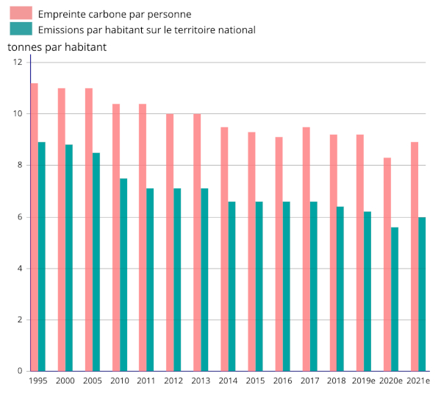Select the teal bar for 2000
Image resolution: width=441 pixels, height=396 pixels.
pyautogui.click(x=69, y=258)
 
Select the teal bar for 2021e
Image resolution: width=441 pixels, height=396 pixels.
pyautogui.click(x=422, y=294)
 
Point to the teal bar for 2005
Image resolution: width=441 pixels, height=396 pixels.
pyautogui.click(x=96, y=261)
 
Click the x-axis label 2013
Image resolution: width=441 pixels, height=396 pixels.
pyautogui.click(x=201, y=381)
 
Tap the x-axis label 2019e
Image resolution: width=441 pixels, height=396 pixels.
pyautogui.click(x=364, y=381)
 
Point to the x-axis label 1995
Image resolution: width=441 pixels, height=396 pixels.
pyautogui.click(x=38, y=381)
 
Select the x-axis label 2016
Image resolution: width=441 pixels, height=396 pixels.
pyautogui.click(x=282, y=381)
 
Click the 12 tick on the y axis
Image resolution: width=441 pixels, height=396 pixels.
pyautogui.click(x=18, y=63)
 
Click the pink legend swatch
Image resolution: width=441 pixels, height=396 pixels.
pyautogui.click(x=21, y=13)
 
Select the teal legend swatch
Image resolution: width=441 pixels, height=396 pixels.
pyautogui.click(x=21, y=29)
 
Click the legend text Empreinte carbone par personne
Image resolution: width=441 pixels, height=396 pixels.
pyautogui.click(x=114, y=14)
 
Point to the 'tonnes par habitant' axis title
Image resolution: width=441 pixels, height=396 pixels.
pyautogui.click(x=57, y=47)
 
